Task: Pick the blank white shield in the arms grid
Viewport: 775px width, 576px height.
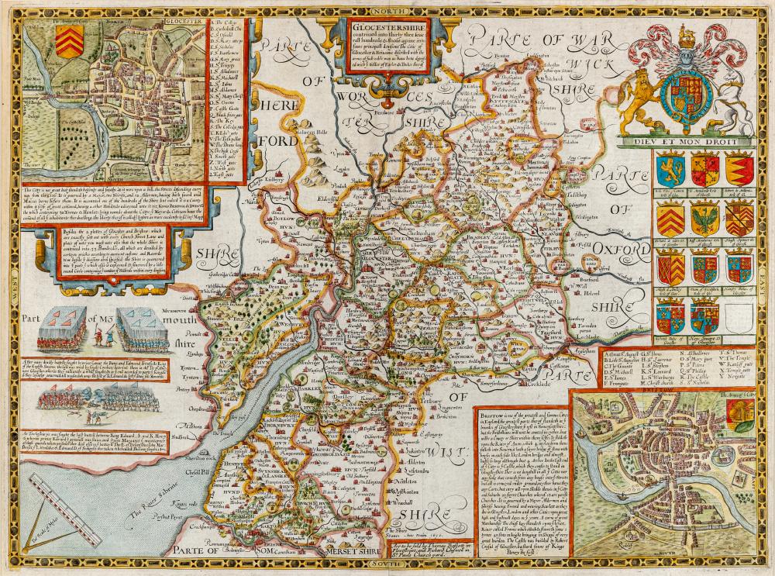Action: pos(739,316)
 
